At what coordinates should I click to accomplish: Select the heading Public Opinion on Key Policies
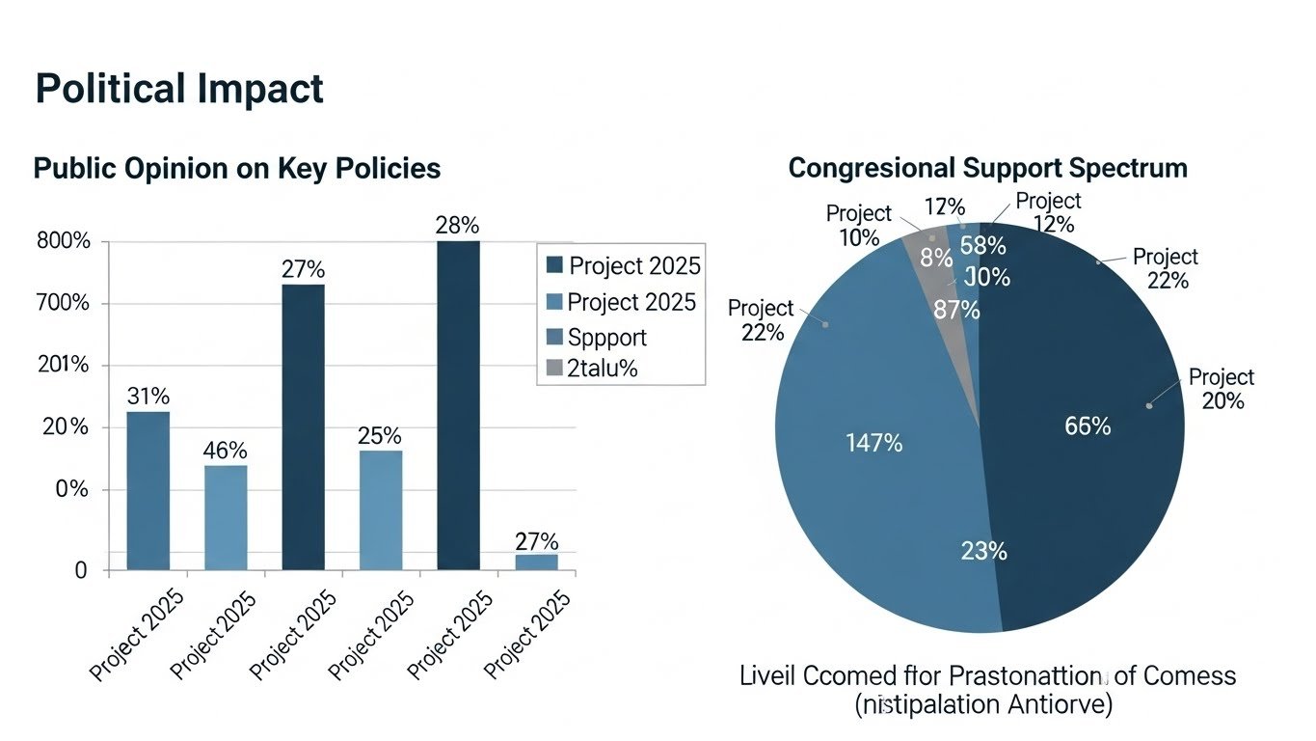[x=236, y=168]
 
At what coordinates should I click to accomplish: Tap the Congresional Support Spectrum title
[x=987, y=168]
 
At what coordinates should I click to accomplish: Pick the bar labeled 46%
[x=225, y=517]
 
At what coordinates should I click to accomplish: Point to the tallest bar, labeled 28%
[x=457, y=405]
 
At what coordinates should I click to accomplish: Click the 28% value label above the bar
[x=457, y=225]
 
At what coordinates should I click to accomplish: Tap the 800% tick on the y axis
[x=63, y=242]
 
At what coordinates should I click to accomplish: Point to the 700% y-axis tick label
[x=63, y=304]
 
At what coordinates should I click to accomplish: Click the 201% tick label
[x=63, y=366]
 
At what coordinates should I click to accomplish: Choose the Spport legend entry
[x=606, y=337]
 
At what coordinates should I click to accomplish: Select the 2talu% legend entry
[x=603, y=368]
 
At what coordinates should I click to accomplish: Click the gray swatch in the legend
[x=553, y=368]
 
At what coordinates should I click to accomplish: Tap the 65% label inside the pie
[x=1088, y=425]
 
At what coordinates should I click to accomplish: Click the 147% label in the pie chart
[x=873, y=443]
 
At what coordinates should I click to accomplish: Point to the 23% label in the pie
[x=983, y=551]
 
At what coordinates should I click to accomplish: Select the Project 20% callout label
[x=1222, y=389]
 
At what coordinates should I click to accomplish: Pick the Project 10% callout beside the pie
[x=858, y=225]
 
